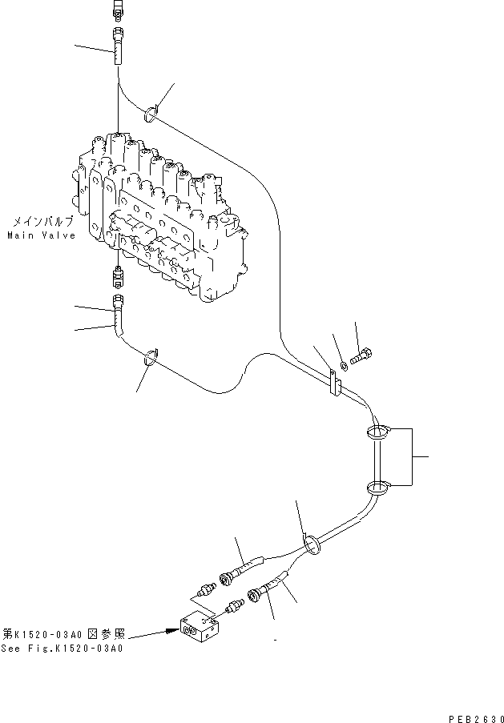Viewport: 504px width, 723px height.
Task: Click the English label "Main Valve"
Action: click(41, 235)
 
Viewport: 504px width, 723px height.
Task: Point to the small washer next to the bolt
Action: click(343, 365)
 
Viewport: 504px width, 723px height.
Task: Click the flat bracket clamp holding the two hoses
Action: click(334, 382)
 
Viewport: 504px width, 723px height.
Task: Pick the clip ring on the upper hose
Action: click(151, 112)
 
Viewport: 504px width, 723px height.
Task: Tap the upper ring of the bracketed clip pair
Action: click(378, 433)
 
